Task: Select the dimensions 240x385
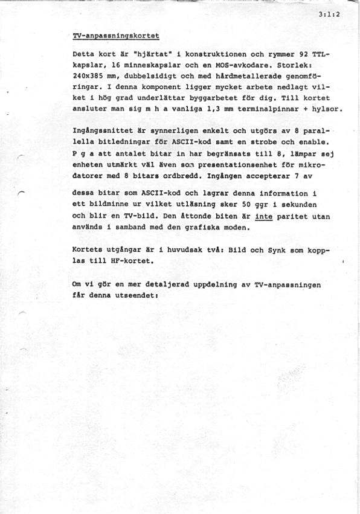pos(88,77)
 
